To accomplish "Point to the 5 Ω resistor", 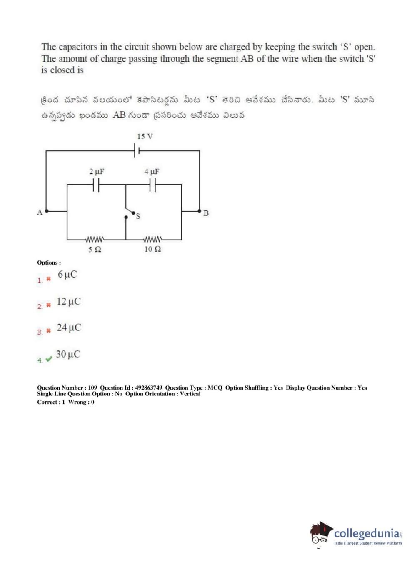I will point(95,240).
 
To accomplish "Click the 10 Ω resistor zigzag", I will point(152,240).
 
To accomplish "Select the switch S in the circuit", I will point(130,214).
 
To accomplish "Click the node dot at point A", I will point(47,211).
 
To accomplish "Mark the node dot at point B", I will point(200,211).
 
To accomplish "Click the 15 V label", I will point(145,136).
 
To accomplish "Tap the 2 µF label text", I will point(97,171).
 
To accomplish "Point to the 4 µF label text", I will point(152,171).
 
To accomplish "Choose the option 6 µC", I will point(67,275).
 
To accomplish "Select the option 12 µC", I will point(69,301).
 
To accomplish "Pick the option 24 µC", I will point(69,327).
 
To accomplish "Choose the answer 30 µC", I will point(68,354).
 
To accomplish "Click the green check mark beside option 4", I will point(49,359).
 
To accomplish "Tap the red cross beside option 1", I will point(48,279).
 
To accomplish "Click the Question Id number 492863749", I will point(149,387).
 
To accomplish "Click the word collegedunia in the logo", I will point(367,533).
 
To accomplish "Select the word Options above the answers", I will point(48,262).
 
